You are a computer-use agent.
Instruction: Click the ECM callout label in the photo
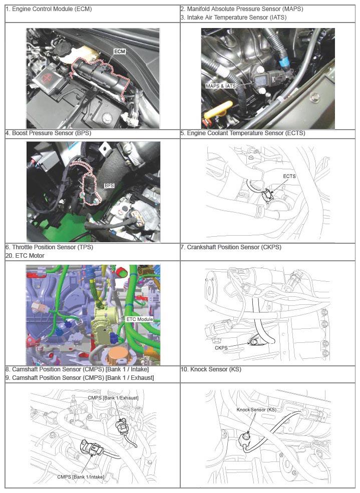120,51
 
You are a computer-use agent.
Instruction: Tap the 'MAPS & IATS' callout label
221,86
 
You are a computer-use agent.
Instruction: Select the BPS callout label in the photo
109,186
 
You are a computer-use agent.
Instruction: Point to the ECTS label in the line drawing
289,176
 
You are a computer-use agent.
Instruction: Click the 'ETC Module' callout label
140,319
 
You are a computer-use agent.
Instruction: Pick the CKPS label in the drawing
221,348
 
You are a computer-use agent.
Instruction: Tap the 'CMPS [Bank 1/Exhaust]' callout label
113,398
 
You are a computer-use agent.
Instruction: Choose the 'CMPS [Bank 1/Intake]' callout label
81,476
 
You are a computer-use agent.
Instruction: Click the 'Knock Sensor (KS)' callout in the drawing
256,410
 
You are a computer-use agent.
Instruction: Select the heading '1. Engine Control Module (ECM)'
49,9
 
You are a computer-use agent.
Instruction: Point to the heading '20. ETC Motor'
25,256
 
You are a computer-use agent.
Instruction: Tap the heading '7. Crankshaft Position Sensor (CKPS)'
231,247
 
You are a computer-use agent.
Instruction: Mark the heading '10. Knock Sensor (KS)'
211,369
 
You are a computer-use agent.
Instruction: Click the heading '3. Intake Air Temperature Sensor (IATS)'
233,18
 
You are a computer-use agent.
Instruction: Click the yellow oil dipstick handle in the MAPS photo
218,110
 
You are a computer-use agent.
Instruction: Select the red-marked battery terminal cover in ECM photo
46,78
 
